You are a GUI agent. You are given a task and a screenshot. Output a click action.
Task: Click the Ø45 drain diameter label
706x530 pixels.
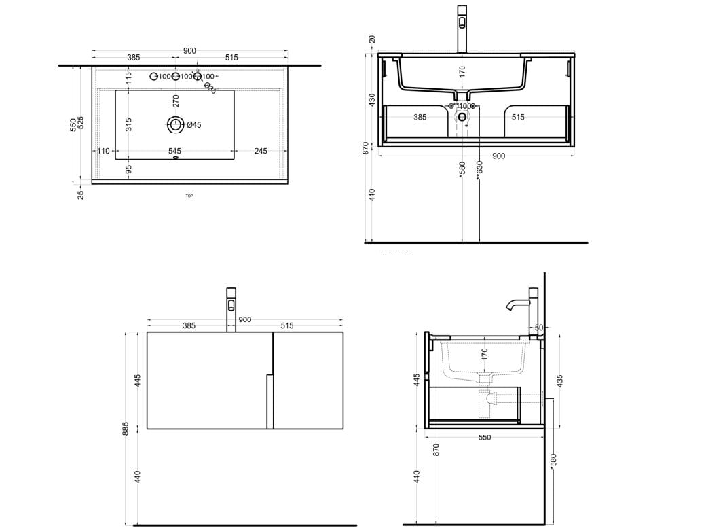point(193,125)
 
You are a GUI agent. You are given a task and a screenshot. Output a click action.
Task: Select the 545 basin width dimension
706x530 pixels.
point(174,151)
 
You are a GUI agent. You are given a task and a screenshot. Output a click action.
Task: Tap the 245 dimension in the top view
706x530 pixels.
point(261,151)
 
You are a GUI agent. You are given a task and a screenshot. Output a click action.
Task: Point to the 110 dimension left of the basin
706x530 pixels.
point(103,151)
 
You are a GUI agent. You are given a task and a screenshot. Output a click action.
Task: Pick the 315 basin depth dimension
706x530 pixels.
point(129,124)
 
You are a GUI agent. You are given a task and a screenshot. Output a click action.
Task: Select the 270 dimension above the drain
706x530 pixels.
point(176,101)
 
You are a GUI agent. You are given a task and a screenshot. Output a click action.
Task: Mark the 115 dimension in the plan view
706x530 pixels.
point(129,77)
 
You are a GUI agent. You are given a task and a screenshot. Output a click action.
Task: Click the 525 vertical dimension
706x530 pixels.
point(81,123)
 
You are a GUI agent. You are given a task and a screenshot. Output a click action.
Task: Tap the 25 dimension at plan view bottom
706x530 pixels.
point(81,195)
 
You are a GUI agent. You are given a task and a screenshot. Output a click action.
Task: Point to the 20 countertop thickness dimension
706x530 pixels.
point(371,39)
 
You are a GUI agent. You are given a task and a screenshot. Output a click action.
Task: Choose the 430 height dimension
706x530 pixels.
point(371,99)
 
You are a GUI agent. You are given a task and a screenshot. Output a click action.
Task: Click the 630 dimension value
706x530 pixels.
point(479,166)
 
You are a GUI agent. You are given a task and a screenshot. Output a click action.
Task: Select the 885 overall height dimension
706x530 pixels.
point(126,428)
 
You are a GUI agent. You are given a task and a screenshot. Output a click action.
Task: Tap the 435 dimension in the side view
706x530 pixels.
point(560,381)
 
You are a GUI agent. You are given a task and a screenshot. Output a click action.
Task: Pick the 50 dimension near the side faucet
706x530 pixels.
point(539,328)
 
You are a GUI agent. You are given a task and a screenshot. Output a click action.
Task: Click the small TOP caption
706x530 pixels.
point(189,196)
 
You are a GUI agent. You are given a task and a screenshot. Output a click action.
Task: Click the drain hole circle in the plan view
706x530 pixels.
point(176,124)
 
